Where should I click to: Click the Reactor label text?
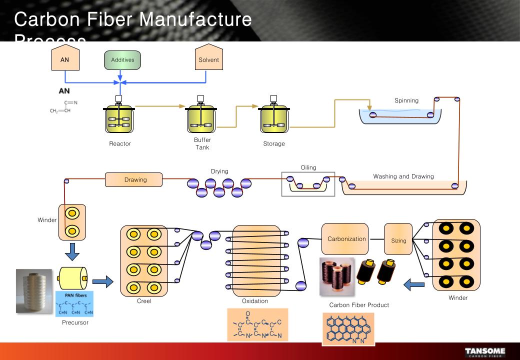[x=120, y=144]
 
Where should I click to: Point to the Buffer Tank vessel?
[x=202, y=117]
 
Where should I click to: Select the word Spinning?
[x=406, y=100]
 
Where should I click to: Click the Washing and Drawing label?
[x=403, y=176]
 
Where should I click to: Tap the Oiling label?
[x=308, y=167]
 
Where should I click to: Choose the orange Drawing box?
[x=133, y=179]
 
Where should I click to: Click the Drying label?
[x=219, y=171]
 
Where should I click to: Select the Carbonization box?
[x=346, y=239]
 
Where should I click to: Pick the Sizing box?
[x=398, y=240]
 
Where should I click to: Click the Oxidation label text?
[x=255, y=301]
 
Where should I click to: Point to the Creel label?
[x=144, y=301]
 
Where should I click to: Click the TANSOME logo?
[x=485, y=352]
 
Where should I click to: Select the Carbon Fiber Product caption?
[x=359, y=305]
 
